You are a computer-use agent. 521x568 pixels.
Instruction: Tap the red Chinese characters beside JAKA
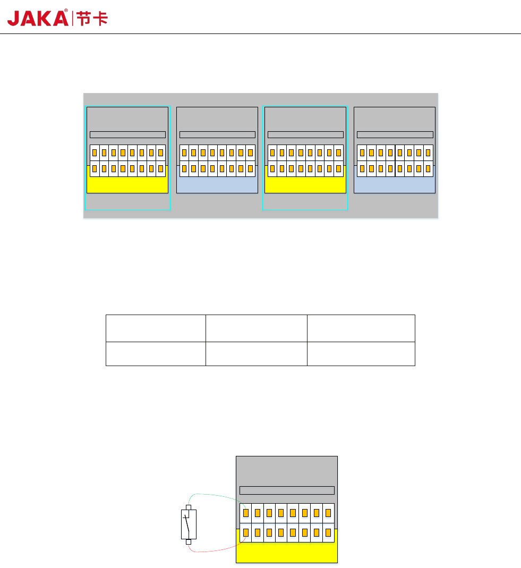(x=92, y=19)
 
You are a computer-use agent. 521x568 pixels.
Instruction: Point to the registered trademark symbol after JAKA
(x=66, y=10)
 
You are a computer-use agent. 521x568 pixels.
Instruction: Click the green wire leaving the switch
(x=212, y=495)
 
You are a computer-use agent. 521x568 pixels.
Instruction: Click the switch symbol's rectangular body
(x=189, y=524)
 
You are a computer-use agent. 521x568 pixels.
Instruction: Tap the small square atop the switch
(x=188, y=507)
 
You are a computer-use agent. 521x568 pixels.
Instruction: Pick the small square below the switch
(x=189, y=542)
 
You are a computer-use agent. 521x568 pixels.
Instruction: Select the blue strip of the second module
(x=217, y=185)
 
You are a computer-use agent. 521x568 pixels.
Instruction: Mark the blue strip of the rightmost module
(x=394, y=185)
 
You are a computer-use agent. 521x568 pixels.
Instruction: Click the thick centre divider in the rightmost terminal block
(x=395, y=160)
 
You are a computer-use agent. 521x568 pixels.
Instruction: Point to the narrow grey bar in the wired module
(x=287, y=490)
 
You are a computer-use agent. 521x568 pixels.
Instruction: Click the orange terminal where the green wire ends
(x=246, y=513)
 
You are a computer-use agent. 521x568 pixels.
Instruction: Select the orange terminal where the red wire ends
(x=246, y=532)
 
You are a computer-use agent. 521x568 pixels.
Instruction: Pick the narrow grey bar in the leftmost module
(x=127, y=134)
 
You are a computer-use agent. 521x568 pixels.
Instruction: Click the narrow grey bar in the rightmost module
(x=395, y=134)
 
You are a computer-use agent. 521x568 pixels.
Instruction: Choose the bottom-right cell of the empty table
(x=361, y=354)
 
